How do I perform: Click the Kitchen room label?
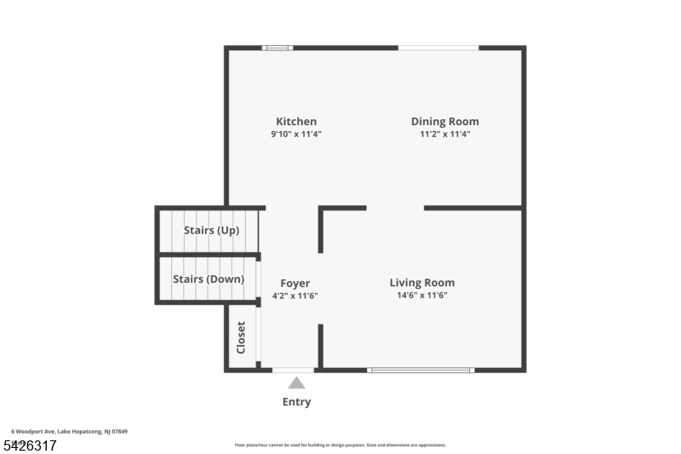(296, 122)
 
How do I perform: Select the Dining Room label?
(444, 122)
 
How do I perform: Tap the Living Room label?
(421, 283)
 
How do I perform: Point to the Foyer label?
(295, 284)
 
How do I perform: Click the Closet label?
(242, 337)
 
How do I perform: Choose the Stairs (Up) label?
(211, 231)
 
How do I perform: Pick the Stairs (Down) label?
(209, 279)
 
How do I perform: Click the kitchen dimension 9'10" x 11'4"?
(296, 135)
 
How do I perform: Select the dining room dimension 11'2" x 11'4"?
(444, 135)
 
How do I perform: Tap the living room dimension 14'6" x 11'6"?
(421, 296)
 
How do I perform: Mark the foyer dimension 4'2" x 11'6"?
(295, 296)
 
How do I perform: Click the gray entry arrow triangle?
(296, 383)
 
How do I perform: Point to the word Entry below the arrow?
(296, 402)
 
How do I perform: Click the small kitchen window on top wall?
(278, 48)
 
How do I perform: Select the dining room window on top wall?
(438, 48)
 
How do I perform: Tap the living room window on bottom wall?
(421, 371)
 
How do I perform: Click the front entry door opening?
(294, 371)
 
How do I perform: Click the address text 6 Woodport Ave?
(69, 432)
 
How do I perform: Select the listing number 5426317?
(30, 445)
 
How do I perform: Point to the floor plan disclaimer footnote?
(340, 445)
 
